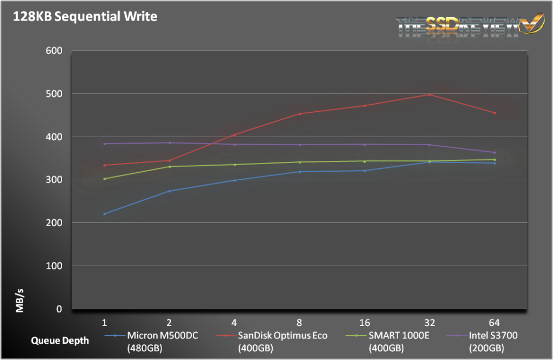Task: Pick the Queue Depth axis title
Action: [x=57, y=341]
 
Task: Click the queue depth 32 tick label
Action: [x=429, y=322]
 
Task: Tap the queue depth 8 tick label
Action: [x=299, y=322]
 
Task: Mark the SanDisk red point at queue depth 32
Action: [x=429, y=95]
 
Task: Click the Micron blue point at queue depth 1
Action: [x=104, y=214]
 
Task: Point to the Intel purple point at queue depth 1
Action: [x=104, y=144]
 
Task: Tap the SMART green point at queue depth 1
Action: [x=104, y=179]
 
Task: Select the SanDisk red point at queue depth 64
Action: [x=495, y=113]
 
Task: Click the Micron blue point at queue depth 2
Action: [x=169, y=191]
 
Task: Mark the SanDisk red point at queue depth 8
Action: [x=299, y=114]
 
